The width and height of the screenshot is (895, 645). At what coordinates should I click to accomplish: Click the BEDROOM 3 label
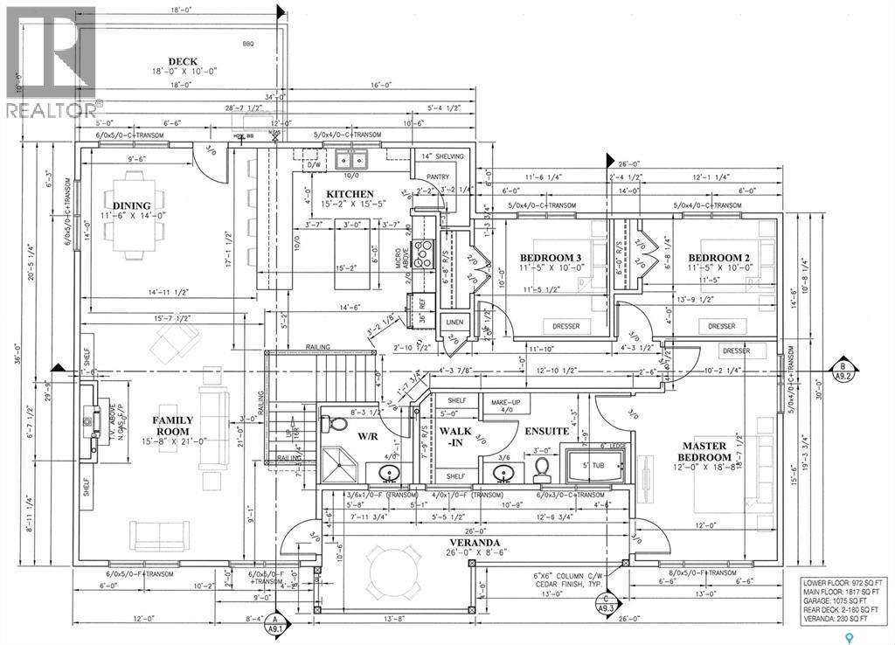click(x=551, y=257)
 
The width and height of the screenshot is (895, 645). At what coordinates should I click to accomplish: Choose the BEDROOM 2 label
click(x=719, y=257)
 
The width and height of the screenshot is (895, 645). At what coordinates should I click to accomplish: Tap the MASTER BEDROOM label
click(x=706, y=452)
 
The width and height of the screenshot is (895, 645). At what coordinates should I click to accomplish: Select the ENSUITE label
click(x=547, y=431)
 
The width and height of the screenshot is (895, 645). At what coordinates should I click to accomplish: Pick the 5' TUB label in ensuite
click(x=585, y=465)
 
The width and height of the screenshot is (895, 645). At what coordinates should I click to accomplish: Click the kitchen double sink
click(x=352, y=161)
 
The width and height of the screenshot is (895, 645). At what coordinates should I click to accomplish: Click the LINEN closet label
click(x=454, y=322)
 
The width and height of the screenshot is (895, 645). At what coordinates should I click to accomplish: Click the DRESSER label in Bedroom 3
click(x=566, y=326)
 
